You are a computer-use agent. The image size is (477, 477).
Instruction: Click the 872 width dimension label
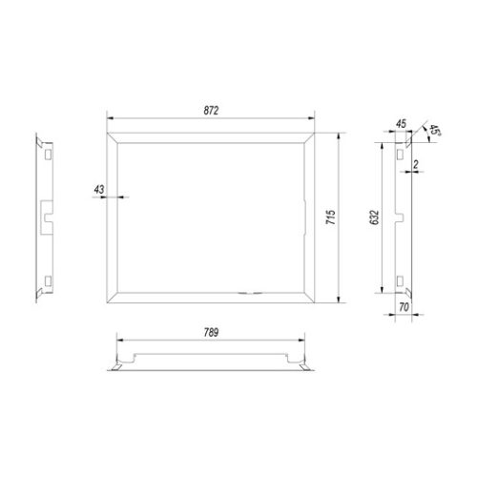211,111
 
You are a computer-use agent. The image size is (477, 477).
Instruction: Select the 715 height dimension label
331,218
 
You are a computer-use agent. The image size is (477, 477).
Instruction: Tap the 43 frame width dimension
99,190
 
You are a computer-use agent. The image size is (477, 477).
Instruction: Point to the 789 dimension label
211,333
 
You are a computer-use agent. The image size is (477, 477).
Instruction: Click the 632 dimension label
375,218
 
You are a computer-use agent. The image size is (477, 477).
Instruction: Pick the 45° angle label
434,131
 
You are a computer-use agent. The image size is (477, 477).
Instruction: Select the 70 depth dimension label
404,307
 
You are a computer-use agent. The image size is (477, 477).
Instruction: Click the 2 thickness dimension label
416,164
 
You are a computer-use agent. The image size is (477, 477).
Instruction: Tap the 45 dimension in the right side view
401,123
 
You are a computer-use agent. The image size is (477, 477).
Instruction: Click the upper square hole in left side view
48,155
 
